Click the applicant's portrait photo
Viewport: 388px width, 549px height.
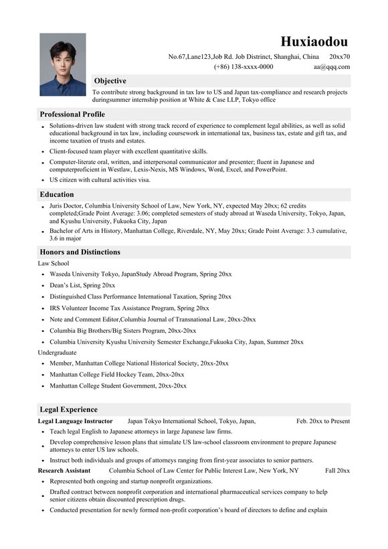[x=62, y=64]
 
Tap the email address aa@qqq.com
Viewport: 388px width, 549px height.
[x=331, y=67]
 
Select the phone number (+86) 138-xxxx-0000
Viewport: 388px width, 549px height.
[x=244, y=67]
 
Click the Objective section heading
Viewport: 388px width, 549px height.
[x=110, y=80]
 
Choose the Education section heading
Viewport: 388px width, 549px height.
[x=57, y=194]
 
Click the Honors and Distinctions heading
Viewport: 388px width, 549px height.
[x=80, y=252]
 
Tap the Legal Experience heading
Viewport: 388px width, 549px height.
[x=69, y=409]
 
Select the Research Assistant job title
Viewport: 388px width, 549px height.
[x=64, y=471]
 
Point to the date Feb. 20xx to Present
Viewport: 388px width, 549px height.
[x=323, y=421]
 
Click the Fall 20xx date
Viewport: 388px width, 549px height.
[x=337, y=471]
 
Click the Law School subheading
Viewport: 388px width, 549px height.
[x=54, y=263]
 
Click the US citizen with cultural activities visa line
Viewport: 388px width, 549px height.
[x=100, y=179]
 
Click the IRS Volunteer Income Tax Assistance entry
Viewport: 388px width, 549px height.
[x=129, y=308]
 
